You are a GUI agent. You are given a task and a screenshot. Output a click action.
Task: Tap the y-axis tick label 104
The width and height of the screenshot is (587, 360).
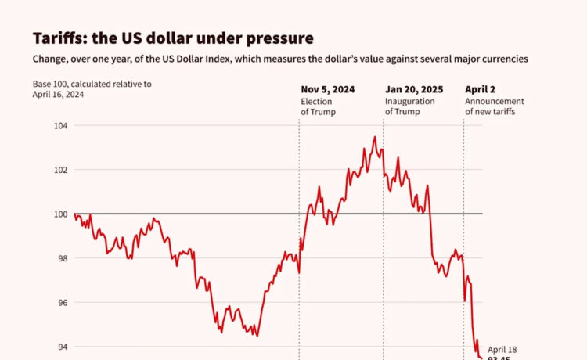coord(60,126)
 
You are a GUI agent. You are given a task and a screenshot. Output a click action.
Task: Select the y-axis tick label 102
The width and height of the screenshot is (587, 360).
coord(60,170)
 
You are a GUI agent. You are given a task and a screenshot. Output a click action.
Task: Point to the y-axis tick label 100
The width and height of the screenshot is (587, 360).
coord(60,214)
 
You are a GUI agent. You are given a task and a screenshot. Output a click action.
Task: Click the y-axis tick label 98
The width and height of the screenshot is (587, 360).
coord(63,258)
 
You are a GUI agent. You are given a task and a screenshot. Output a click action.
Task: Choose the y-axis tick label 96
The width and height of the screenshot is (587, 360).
coord(63,303)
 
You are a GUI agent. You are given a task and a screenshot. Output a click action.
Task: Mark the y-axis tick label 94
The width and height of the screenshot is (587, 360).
coord(63,347)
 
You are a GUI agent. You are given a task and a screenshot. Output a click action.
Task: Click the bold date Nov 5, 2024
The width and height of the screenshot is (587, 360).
coord(328,89)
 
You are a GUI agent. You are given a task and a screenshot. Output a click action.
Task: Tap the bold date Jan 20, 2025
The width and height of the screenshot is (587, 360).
coord(415,89)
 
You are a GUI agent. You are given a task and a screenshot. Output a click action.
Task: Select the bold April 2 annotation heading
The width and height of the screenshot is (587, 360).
coord(481,89)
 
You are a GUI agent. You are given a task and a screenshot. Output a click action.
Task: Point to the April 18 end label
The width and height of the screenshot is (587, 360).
coord(502,349)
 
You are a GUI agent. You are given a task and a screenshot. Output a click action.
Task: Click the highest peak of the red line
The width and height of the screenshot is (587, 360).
coord(374,138)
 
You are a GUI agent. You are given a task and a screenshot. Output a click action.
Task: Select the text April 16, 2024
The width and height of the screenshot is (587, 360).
coord(58,95)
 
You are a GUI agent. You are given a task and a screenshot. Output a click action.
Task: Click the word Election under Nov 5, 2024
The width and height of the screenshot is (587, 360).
coord(318,102)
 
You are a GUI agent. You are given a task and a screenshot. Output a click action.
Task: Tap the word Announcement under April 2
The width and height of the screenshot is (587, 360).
coord(495,102)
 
